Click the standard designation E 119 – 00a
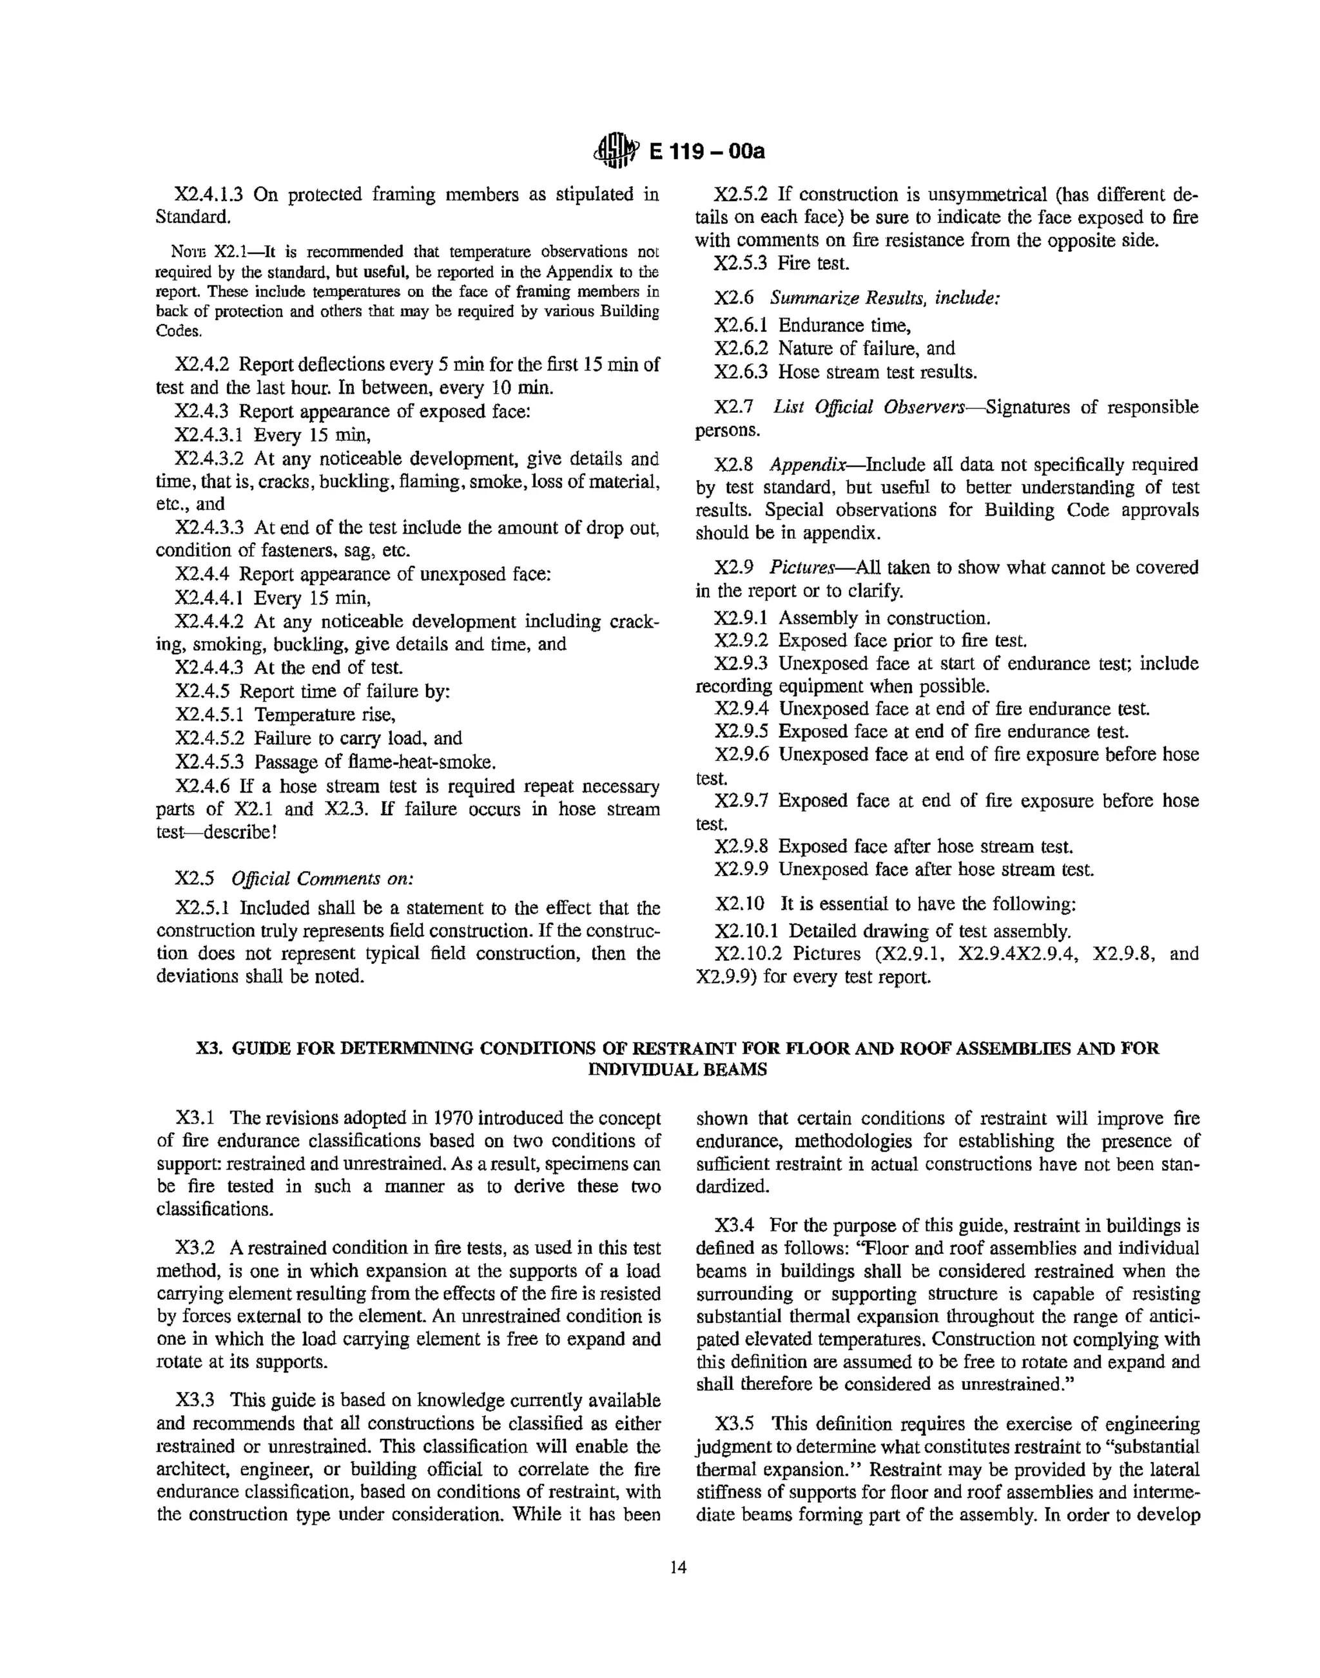pyautogui.click(x=706, y=151)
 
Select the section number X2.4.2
pyautogui.click(x=202, y=365)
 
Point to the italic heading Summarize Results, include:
pyautogui.click(x=885, y=298)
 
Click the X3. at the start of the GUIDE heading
pyautogui.click(x=207, y=1048)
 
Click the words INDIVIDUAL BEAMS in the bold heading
pyautogui.click(x=678, y=1069)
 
